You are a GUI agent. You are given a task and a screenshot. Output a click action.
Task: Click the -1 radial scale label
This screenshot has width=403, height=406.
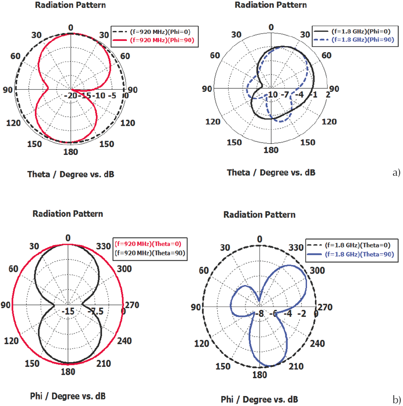pyautogui.click(x=313, y=95)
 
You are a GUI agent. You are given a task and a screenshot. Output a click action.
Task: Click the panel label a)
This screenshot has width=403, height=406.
pyautogui.click(x=396, y=173)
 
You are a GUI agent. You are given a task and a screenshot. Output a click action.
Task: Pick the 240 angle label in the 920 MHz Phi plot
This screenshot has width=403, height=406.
pyautogui.click(x=124, y=341)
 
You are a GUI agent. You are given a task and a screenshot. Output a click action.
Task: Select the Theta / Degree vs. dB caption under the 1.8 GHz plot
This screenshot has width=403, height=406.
pyautogui.click(x=271, y=173)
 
